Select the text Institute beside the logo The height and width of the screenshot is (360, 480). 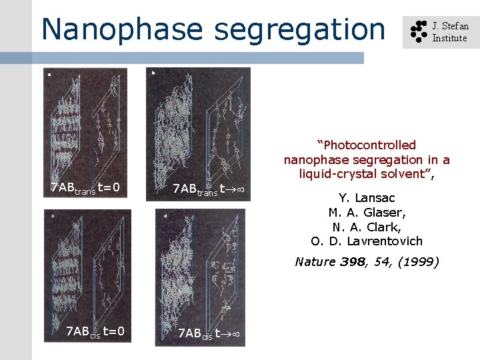449,38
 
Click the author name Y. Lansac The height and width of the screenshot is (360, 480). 367,198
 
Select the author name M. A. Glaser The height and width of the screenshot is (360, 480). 367,213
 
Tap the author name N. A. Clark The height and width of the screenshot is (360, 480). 367,227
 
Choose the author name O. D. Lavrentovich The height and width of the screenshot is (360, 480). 367,241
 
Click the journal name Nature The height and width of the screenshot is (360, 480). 315,261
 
